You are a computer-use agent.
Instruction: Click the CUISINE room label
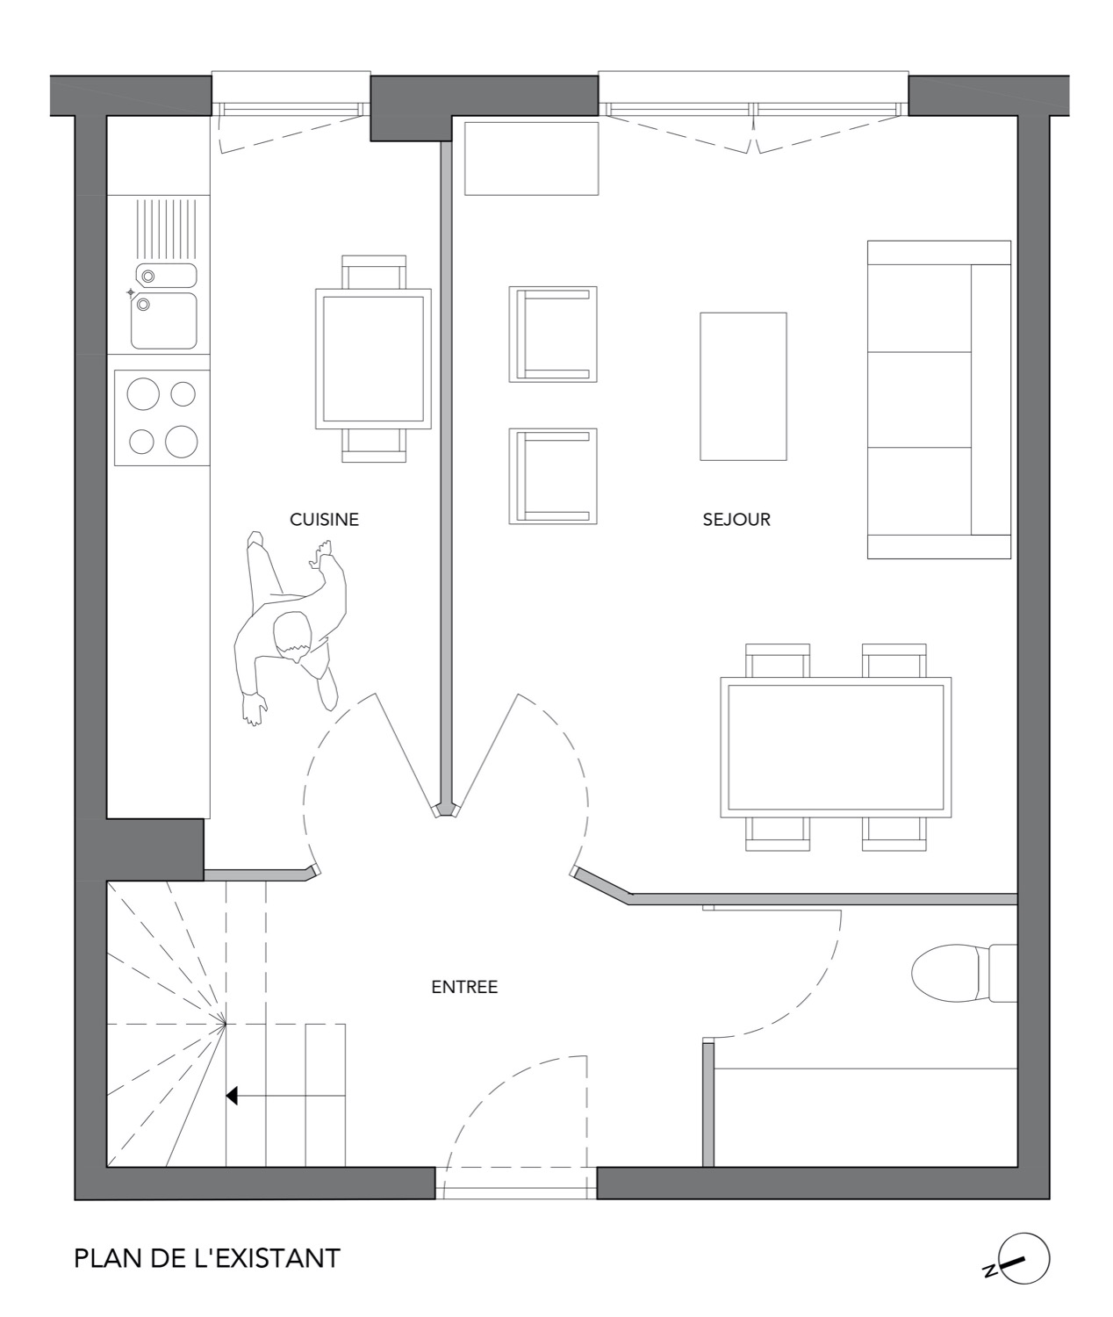coord(324,520)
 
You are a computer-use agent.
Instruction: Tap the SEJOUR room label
coord(736,520)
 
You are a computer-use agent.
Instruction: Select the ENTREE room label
coord(464,987)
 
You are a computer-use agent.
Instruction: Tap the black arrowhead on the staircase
coord(232,1096)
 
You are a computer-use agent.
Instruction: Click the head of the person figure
coord(293,637)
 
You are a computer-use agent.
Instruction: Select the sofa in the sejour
coord(939,399)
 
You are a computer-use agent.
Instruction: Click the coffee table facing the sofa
coord(743,386)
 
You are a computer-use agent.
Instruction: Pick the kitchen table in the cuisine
coord(373,359)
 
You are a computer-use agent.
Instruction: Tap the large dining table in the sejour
coord(836,747)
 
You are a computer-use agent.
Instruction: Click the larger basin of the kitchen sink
coord(164,320)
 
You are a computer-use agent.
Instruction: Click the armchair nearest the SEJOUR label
coord(553,477)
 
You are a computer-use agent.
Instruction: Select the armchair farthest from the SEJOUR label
coord(553,335)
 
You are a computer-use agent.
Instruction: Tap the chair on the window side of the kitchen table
coord(374,271)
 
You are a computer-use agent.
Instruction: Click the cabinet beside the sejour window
coord(531,159)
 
